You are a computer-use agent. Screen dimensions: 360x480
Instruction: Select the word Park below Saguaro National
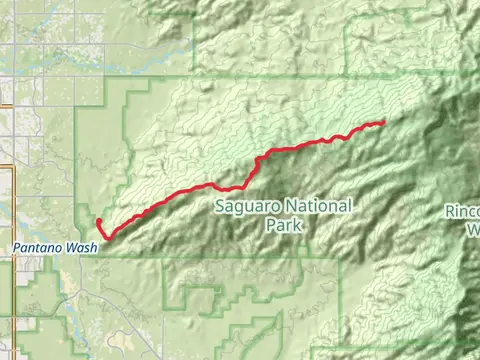284,226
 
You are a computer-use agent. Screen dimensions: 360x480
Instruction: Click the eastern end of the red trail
384,122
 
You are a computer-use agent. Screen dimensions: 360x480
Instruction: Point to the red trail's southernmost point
107,236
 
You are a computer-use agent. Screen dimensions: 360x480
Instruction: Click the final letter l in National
350,207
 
